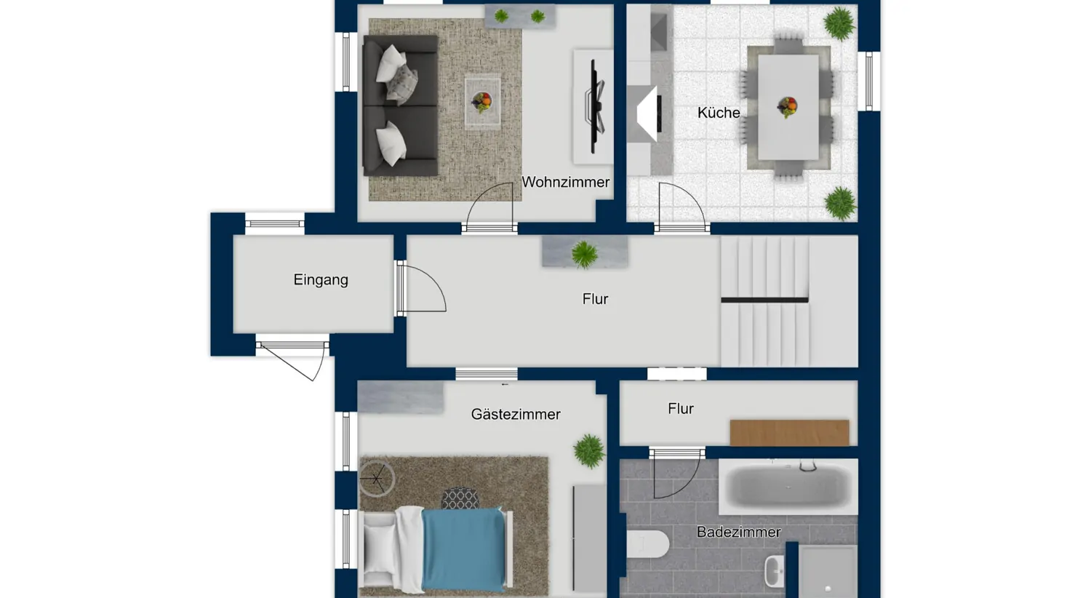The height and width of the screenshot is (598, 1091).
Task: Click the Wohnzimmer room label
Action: [565, 182]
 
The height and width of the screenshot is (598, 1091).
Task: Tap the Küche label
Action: [718, 113]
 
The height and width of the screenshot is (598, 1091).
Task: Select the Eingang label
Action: [320, 279]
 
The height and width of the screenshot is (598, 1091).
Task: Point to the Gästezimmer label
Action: [515, 414]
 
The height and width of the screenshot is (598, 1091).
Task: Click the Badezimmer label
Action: [738, 532]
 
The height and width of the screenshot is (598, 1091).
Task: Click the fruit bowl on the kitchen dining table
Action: [786, 107]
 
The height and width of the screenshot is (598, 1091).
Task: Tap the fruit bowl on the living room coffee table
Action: [481, 101]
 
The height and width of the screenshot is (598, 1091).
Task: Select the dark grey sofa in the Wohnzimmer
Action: [399, 106]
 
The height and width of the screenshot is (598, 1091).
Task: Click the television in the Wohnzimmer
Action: [596, 106]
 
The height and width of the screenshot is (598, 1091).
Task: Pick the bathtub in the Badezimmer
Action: [788, 486]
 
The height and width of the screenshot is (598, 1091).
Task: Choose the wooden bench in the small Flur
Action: [789, 432]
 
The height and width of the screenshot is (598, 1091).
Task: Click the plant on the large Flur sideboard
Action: [584, 254]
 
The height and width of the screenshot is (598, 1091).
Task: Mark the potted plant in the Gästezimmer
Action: [588, 450]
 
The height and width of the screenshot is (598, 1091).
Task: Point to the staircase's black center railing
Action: [764, 300]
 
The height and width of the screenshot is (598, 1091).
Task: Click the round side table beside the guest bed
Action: [377, 479]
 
